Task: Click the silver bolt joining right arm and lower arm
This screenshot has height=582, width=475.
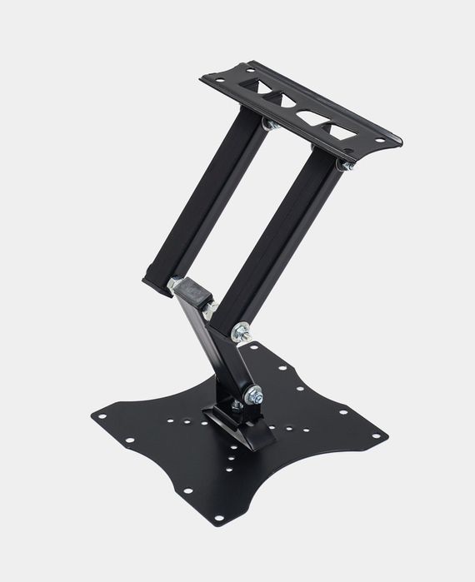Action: (x=241, y=331)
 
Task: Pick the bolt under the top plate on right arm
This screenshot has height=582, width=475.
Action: (x=345, y=167)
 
